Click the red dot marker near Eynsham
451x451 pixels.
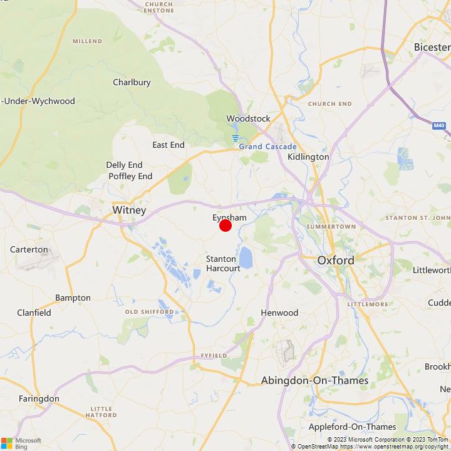(225, 225)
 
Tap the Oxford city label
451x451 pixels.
(335, 260)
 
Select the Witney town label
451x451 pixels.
(129, 210)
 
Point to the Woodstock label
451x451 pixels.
(248, 118)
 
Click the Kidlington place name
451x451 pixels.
(308, 157)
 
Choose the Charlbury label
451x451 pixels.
(132, 82)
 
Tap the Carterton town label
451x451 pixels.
(29, 249)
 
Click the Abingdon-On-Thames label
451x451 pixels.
(314, 380)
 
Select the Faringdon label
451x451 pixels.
(39, 398)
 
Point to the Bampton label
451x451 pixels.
(73, 298)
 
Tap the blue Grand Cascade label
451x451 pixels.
(267, 147)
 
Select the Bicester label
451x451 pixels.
(432, 47)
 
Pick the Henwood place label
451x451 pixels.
(279, 313)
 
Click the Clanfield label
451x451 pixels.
(34, 313)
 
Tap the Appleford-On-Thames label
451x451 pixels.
(352, 427)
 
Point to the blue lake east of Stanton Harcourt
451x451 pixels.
(246, 257)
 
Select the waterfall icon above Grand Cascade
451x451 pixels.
(236, 138)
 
